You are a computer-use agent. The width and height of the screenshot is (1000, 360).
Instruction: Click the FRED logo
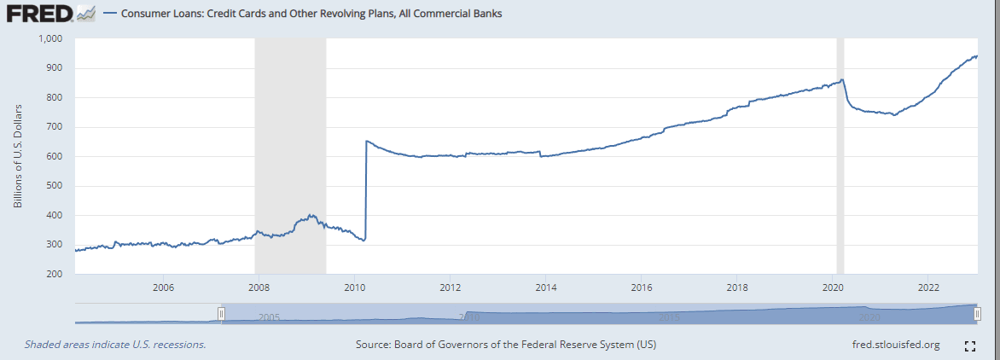point(40,14)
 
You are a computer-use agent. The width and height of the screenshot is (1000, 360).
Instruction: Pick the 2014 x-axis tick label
point(546,287)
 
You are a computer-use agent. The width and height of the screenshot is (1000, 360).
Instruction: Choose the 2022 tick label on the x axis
point(929,287)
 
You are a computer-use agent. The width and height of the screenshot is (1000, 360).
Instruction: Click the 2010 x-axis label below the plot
point(354,287)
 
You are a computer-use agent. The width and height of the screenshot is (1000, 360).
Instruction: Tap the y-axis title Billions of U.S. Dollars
point(18,156)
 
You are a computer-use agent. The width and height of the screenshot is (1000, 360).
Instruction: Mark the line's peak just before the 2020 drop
point(842,80)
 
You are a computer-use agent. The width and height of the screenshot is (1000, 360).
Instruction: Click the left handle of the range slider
point(221,314)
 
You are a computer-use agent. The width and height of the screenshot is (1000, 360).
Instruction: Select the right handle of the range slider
point(976,314)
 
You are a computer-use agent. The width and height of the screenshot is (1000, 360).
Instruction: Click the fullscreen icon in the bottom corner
point(969,345)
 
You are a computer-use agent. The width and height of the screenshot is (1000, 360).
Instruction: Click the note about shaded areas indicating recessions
point(115,345)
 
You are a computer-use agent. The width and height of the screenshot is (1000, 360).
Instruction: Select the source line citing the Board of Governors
point(505,345)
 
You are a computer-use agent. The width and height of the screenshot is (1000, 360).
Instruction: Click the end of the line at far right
point(976,56)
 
